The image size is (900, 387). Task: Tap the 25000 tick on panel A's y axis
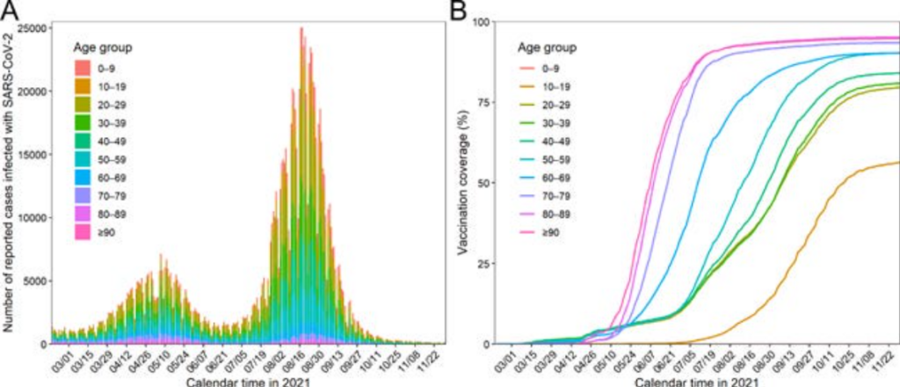33,28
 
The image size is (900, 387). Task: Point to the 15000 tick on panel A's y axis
33,155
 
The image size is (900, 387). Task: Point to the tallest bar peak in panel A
301,28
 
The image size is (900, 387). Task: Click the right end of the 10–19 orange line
897,162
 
